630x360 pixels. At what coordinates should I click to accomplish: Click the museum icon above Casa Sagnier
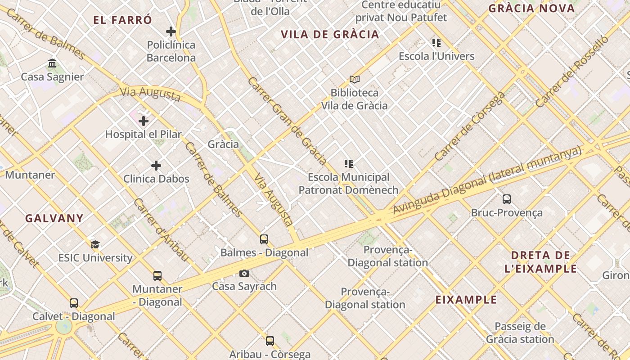[x=52, y=63]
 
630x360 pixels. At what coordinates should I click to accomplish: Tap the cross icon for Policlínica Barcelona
[x=171, y=31]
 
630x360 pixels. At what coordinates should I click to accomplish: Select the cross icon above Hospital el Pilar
[x=144, y=121]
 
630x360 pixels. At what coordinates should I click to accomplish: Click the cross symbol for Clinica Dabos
[x=156, y=166]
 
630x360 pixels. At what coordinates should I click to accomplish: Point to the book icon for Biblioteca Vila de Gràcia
[x=355, y=80]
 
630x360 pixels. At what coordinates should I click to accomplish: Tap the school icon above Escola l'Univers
[x=436, y=43]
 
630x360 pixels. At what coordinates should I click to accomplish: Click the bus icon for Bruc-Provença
[x=507, y=199]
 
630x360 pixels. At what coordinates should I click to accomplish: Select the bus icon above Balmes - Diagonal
[x=264, y=239]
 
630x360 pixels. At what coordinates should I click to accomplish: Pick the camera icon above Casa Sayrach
[x=244, y=273]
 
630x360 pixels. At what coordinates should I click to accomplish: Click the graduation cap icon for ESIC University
[x=95, y=244]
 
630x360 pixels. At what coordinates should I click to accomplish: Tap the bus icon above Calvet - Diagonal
[x=74, y=303]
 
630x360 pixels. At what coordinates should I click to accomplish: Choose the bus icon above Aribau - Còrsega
[x=270, y=341]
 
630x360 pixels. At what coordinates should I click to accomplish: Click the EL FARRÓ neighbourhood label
[x=122, y=20]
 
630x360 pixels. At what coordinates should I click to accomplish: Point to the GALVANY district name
[x=54, y=218]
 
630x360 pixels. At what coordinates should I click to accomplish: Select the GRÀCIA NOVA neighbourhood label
[x=531, y=8]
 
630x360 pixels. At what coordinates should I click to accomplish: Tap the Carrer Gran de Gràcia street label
[x=287, y=121]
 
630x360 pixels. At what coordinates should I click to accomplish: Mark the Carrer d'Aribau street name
[x=160, y=229]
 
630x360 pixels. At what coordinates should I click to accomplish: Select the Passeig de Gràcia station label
[x=520, y=333]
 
